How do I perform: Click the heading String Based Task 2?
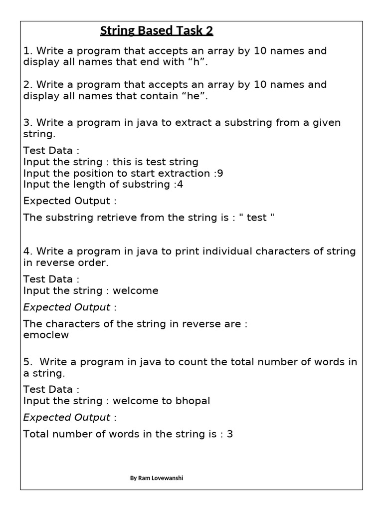(x=157, y=31)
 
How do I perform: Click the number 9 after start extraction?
(x=220, y=173)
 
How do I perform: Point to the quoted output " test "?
(x=257, y=218)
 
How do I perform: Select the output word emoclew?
(x=46, y=335)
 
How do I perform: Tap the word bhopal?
(x=192, y=401)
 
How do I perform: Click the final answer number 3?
(x=230, y=434)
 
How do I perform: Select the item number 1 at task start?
(x=26, y=51)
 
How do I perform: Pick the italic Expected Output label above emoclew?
(x=67, y=307)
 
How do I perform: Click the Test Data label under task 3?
(x=51, y=150)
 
